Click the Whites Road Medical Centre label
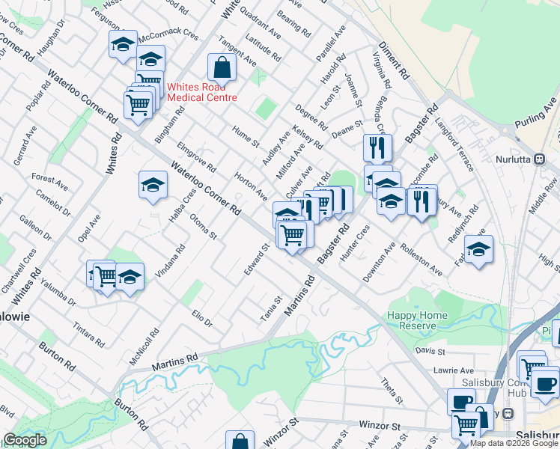202,92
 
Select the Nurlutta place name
517,159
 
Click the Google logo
25,440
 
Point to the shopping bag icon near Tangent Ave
223,67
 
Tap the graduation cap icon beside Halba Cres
153,185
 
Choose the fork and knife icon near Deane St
377,147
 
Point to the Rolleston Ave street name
421,255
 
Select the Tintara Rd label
88,336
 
